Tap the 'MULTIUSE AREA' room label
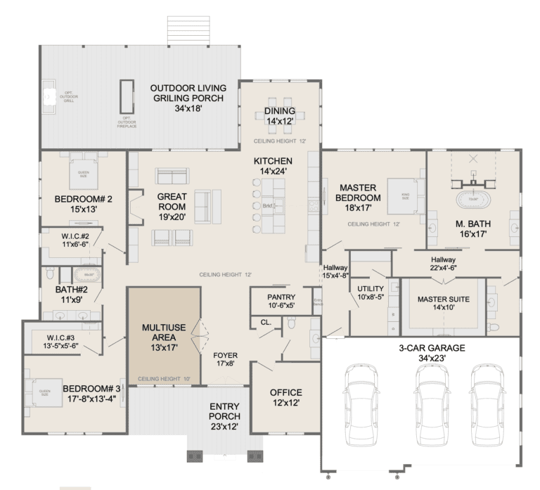[163, 333]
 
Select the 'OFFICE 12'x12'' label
[285, 398]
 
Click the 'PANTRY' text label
[281, 297]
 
